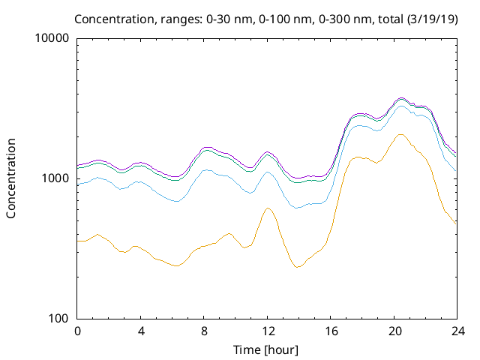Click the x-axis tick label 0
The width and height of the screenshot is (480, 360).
[x=77, y=331]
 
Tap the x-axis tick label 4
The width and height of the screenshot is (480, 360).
[x=140, y=331]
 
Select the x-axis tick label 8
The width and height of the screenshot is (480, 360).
[x=204, y=331]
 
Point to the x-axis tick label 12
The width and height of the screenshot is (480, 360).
[x=267, y=331]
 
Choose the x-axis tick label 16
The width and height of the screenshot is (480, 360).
[x=331, y=331]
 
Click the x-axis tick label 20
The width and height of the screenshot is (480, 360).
[x=394, y=331]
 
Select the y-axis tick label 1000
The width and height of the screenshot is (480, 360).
[x=56, y=178]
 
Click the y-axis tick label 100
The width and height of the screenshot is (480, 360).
[x=59, y=319]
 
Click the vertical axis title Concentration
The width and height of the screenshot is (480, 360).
[x=11, y=178]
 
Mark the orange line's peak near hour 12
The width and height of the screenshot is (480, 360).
[x=268, y=208]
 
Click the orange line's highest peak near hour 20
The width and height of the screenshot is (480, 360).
[x=400, y=135]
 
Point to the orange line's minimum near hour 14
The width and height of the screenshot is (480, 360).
[x=297, y=267]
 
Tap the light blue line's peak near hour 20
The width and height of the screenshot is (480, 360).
[x=401, y=106]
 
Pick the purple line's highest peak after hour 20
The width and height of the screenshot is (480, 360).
[x=401, y=97]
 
